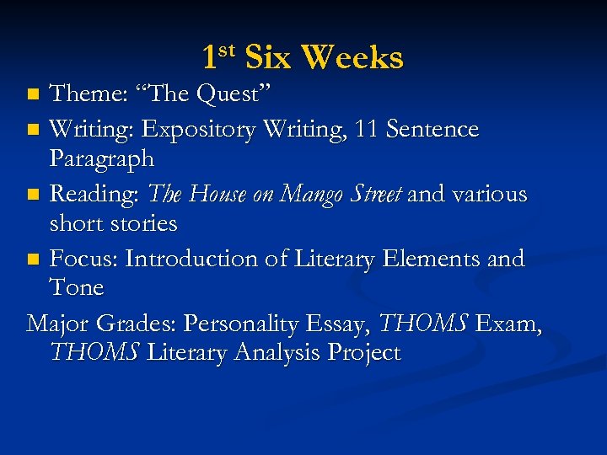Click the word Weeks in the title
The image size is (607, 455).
[352, 58]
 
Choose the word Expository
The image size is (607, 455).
[200, 130]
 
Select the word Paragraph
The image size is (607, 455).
[102, 158]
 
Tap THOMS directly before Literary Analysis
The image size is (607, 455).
[95, 352]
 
